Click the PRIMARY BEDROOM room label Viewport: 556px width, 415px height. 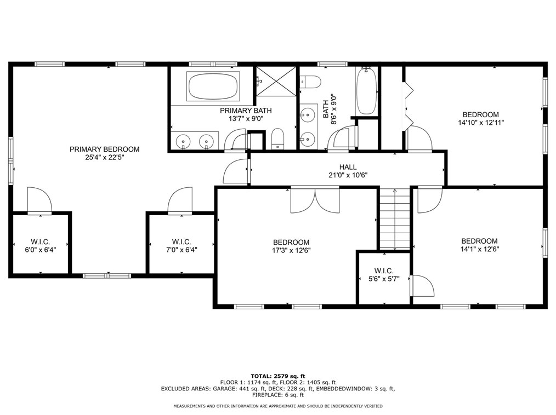point(104,149)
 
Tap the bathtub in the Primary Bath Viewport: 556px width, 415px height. point(213,86)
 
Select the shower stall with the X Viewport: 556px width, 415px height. point(276,81)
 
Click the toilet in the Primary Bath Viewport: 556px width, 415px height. point(277,139)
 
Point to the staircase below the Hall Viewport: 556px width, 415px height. point(395,218)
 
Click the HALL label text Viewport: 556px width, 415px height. point(348,167)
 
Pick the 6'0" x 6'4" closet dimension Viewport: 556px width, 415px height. point(41,250)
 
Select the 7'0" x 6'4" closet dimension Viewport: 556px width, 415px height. point(181,250)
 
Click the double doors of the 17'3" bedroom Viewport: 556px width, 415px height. point(315,200)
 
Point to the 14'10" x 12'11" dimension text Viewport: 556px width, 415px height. point(481,123)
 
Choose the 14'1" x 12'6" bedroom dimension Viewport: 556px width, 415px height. point(479,249)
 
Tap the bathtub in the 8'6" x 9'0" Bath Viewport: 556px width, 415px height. point(366,91)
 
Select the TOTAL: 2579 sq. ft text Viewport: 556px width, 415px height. point(277,376)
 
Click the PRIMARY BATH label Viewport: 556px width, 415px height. point(246,111)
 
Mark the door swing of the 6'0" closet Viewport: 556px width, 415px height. point(39,200)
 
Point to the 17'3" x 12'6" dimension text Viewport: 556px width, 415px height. point(292,250)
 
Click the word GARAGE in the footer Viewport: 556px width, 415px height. point(224,388)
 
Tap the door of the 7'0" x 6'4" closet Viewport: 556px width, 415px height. point(180,200)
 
